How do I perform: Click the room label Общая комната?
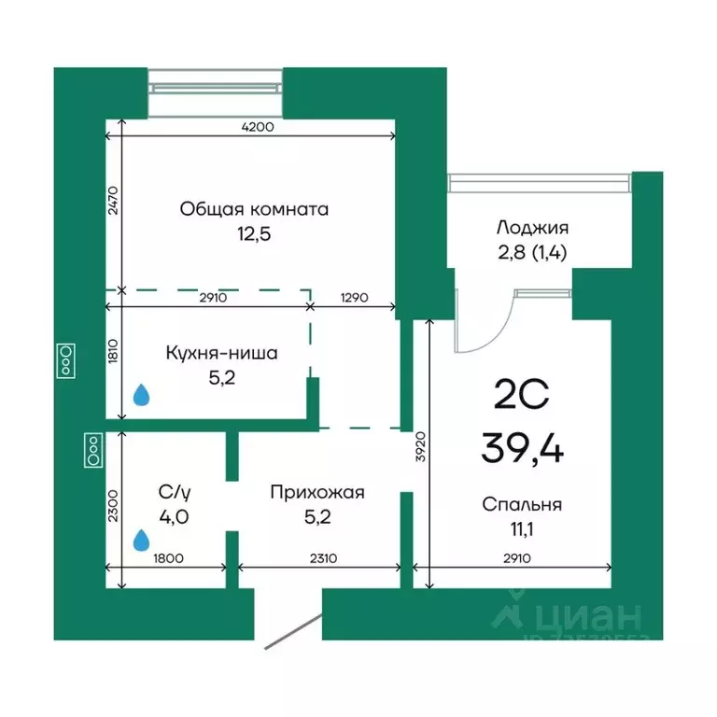pos(254,209)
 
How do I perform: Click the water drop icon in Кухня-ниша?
pos(141,395)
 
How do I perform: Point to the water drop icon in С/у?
pos(141,540)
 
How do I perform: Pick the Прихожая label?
pos(317,492)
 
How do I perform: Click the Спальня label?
pos(522,505)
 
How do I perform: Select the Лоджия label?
pos(533,227)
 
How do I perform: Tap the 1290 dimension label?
pos(354,298)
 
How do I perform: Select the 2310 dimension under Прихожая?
pos(321,559)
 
